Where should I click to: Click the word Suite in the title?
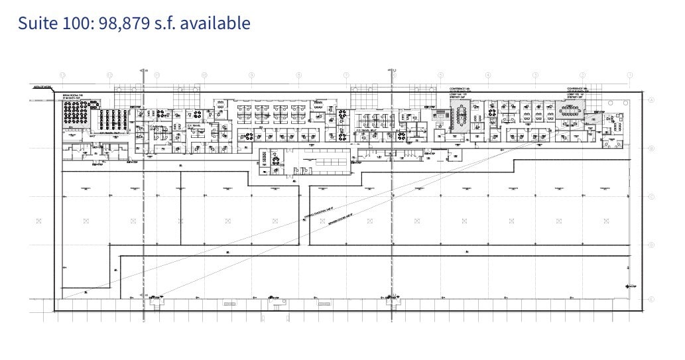tap(37, 23)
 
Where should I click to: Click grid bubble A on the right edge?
tap(652, 100)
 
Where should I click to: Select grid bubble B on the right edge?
tap(652, 149)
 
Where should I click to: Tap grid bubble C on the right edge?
tap(652, 196)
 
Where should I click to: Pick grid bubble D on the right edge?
tap(652, 245)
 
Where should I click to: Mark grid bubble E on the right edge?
tap(652, 299)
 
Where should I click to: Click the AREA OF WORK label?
tap(42, 87)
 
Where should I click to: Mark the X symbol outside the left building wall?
tap(38, 221)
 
